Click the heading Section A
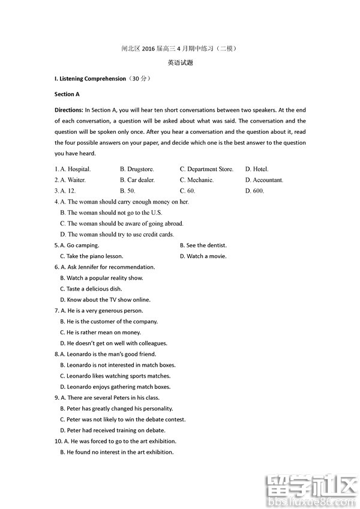[67, 94]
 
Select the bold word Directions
[68, 110]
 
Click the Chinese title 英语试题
[180, 63]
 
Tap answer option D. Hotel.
[257, 169]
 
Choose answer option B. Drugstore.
[137, 169]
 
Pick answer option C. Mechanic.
[197, 180]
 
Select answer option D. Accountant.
[264, 180]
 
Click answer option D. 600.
[254, 191]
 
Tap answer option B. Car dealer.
[137, 180]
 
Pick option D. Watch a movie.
[202, 256]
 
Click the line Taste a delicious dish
[91, 289]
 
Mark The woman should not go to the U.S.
[111, 212]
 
